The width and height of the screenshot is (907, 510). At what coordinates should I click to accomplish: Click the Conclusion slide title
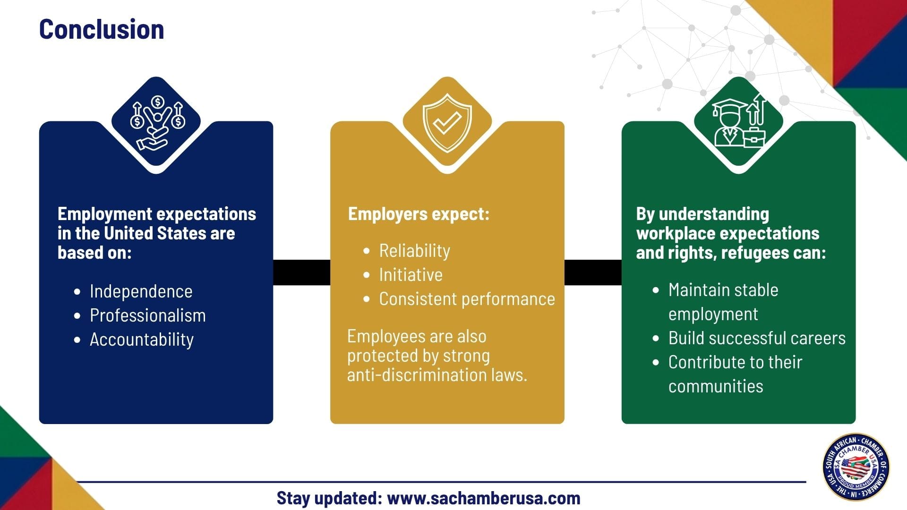tap(102, 29)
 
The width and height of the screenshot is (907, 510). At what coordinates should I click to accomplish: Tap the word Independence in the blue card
tap(141, 291)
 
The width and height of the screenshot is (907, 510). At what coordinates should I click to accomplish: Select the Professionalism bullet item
tap(148, 315)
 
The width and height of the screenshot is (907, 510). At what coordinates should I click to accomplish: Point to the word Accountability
tap(142, 340)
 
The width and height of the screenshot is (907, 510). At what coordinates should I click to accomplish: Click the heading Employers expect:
tap(419, 214)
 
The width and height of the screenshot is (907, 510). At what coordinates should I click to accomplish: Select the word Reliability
tap(415, 251)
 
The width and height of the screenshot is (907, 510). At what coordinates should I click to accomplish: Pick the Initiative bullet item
tap(411, 275)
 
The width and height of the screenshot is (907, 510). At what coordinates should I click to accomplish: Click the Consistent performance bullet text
tap(467, 299)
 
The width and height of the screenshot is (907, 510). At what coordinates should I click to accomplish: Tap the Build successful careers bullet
tap(757, 338)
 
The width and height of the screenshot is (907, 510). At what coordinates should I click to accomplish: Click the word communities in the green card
tap(716, 386)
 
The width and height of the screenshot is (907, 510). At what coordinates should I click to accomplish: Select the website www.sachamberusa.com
tap(484, 498)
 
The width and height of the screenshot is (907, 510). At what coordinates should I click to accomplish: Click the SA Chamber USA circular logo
tap(856, 467)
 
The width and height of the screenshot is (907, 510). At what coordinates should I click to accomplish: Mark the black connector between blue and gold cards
tap(301, 272)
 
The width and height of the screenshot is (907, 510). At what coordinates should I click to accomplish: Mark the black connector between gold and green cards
tap(593, 272)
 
